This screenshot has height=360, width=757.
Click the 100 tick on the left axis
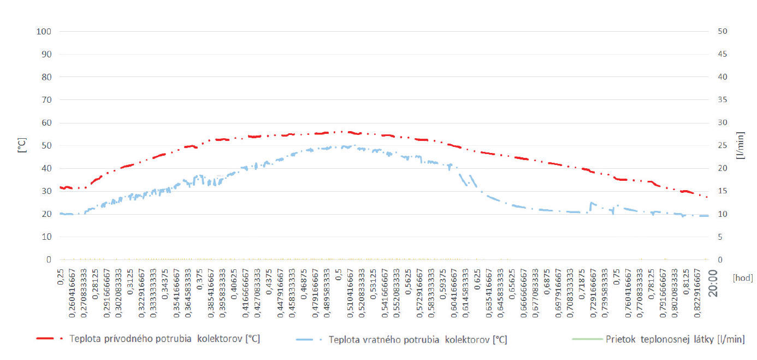44,31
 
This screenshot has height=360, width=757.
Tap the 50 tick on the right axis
722,31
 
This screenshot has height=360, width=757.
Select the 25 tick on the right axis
722,145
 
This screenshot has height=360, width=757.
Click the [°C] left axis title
22,145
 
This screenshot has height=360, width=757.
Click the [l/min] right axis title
741,145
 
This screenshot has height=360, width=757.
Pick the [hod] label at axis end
742,278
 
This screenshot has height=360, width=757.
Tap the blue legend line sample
309,339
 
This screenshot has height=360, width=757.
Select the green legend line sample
586,339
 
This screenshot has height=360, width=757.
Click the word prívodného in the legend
120,339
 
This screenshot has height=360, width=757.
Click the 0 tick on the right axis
720,259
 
